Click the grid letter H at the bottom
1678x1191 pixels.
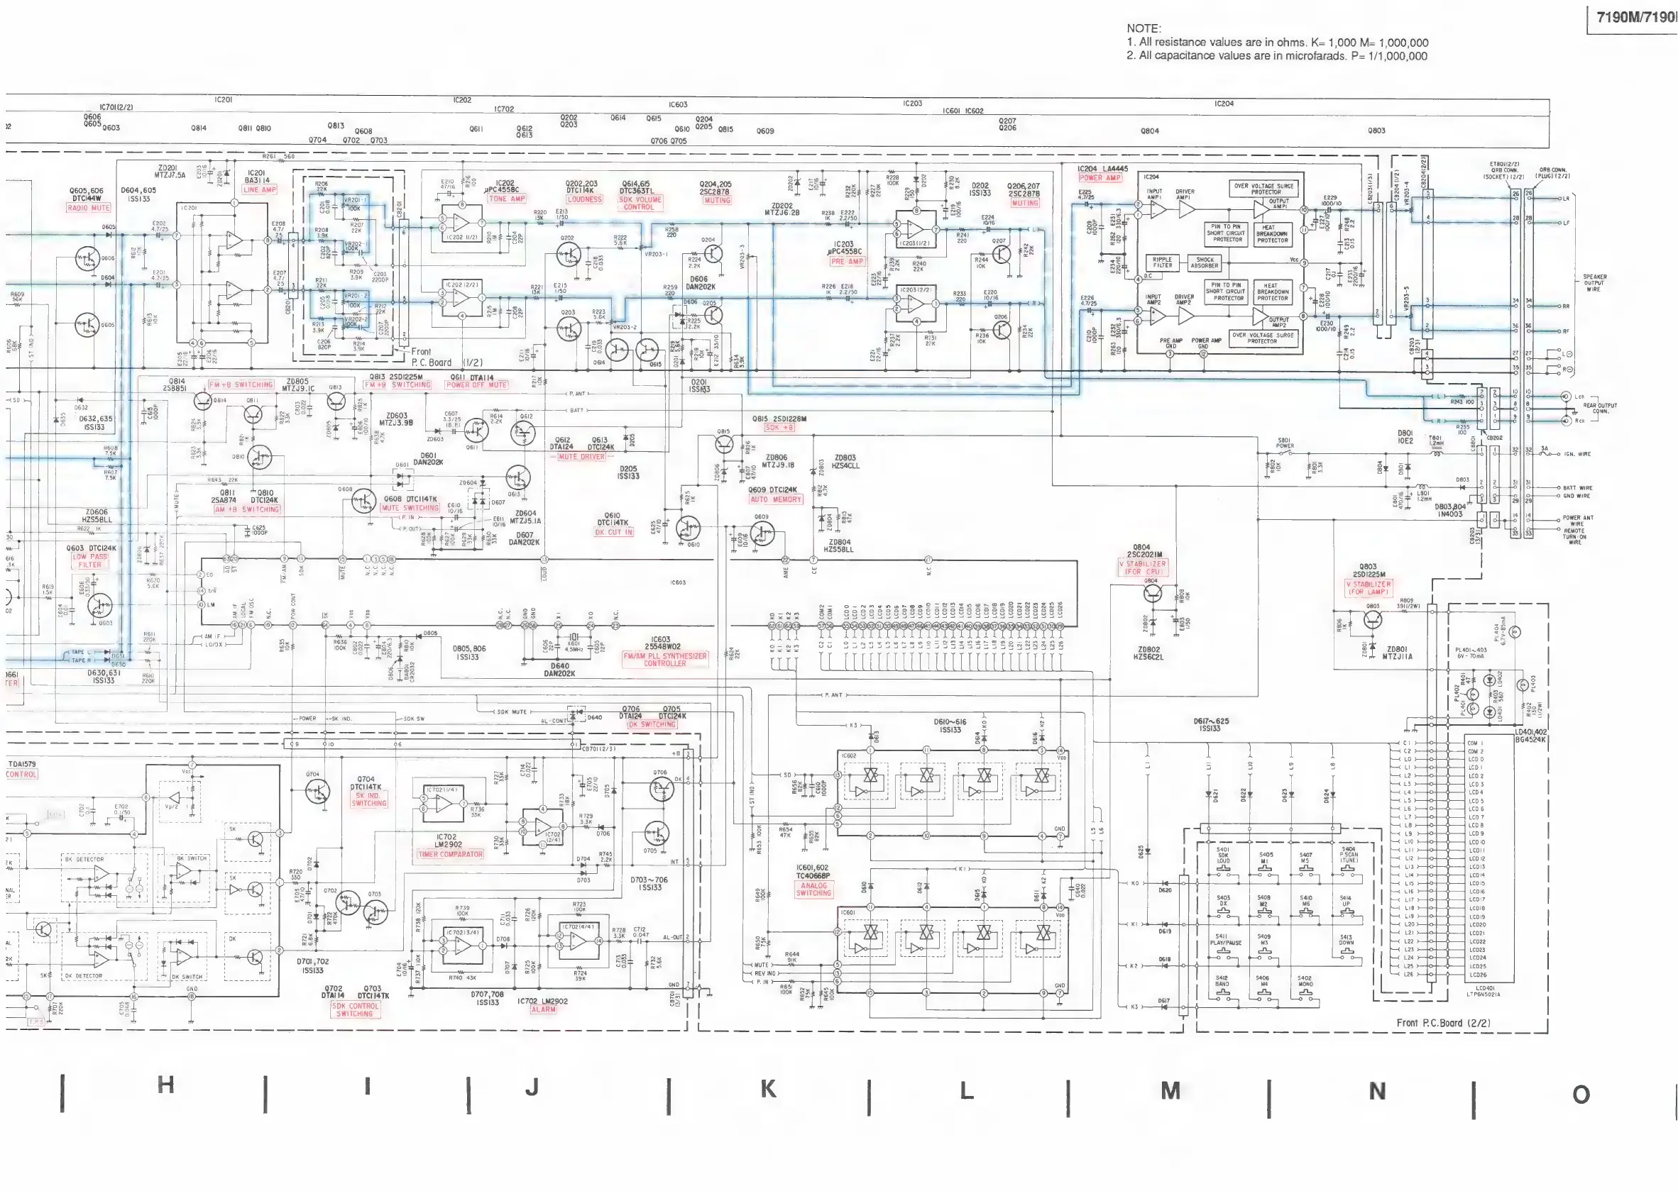166,1085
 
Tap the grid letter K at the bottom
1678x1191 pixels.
768,1089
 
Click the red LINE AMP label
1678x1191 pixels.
259,189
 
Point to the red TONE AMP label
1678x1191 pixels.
507,199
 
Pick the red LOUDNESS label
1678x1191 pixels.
584,199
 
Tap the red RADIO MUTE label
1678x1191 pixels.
89,208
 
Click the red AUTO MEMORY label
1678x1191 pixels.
776,499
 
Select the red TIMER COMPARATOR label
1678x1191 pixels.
450,854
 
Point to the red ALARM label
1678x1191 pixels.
543,1009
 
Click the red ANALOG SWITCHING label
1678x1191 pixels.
813,890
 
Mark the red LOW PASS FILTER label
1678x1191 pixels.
89,560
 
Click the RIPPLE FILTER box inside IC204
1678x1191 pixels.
1162,262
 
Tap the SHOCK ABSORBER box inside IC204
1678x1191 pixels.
1205,262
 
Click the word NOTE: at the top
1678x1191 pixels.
1143,28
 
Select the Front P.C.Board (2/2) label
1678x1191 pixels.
1442,1022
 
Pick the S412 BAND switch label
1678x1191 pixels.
1221,981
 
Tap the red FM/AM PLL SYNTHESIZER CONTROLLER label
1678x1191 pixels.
665,659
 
